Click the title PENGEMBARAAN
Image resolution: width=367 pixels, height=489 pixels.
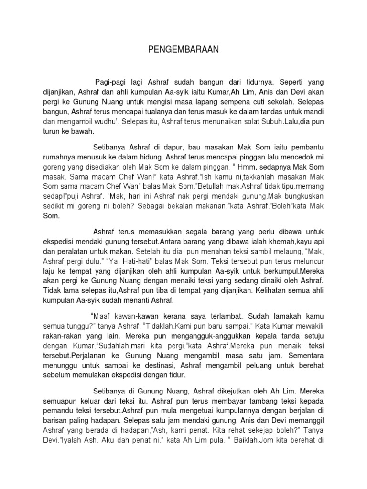[x=183, y=49]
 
